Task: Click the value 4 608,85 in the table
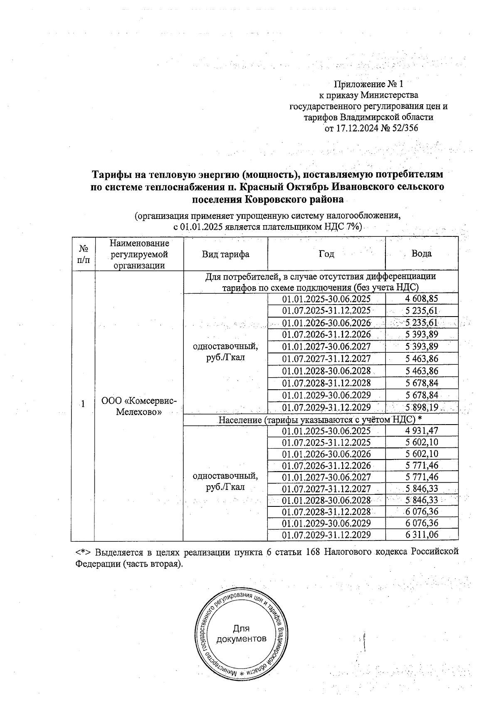pyautogui.click(x=422, y=299)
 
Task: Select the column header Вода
pyautogui.click(x=421, y=253)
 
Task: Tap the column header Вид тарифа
pyautogui.click(x=225, y=254)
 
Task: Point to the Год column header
pyautogui.click(x=326, y=254)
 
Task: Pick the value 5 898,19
pyautogui.click(x=422, y=407)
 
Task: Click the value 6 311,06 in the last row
pyautogui.click(x=422, y=535)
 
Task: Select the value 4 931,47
pyautogui.click(x=422, y=431)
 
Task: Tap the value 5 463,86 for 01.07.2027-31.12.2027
pyautogui.click(x=422, y=359)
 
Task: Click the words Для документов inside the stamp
pyautogui.click(x=241, y=634)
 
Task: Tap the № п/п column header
pyautogui.click(x=84, y=254)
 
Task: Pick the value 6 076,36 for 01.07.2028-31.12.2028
pyautogui.click(x=422, y=511)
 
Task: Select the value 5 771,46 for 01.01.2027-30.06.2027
pyautogui.click(x=422, y=477)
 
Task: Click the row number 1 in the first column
pyautogui.click(x=84, y=404)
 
